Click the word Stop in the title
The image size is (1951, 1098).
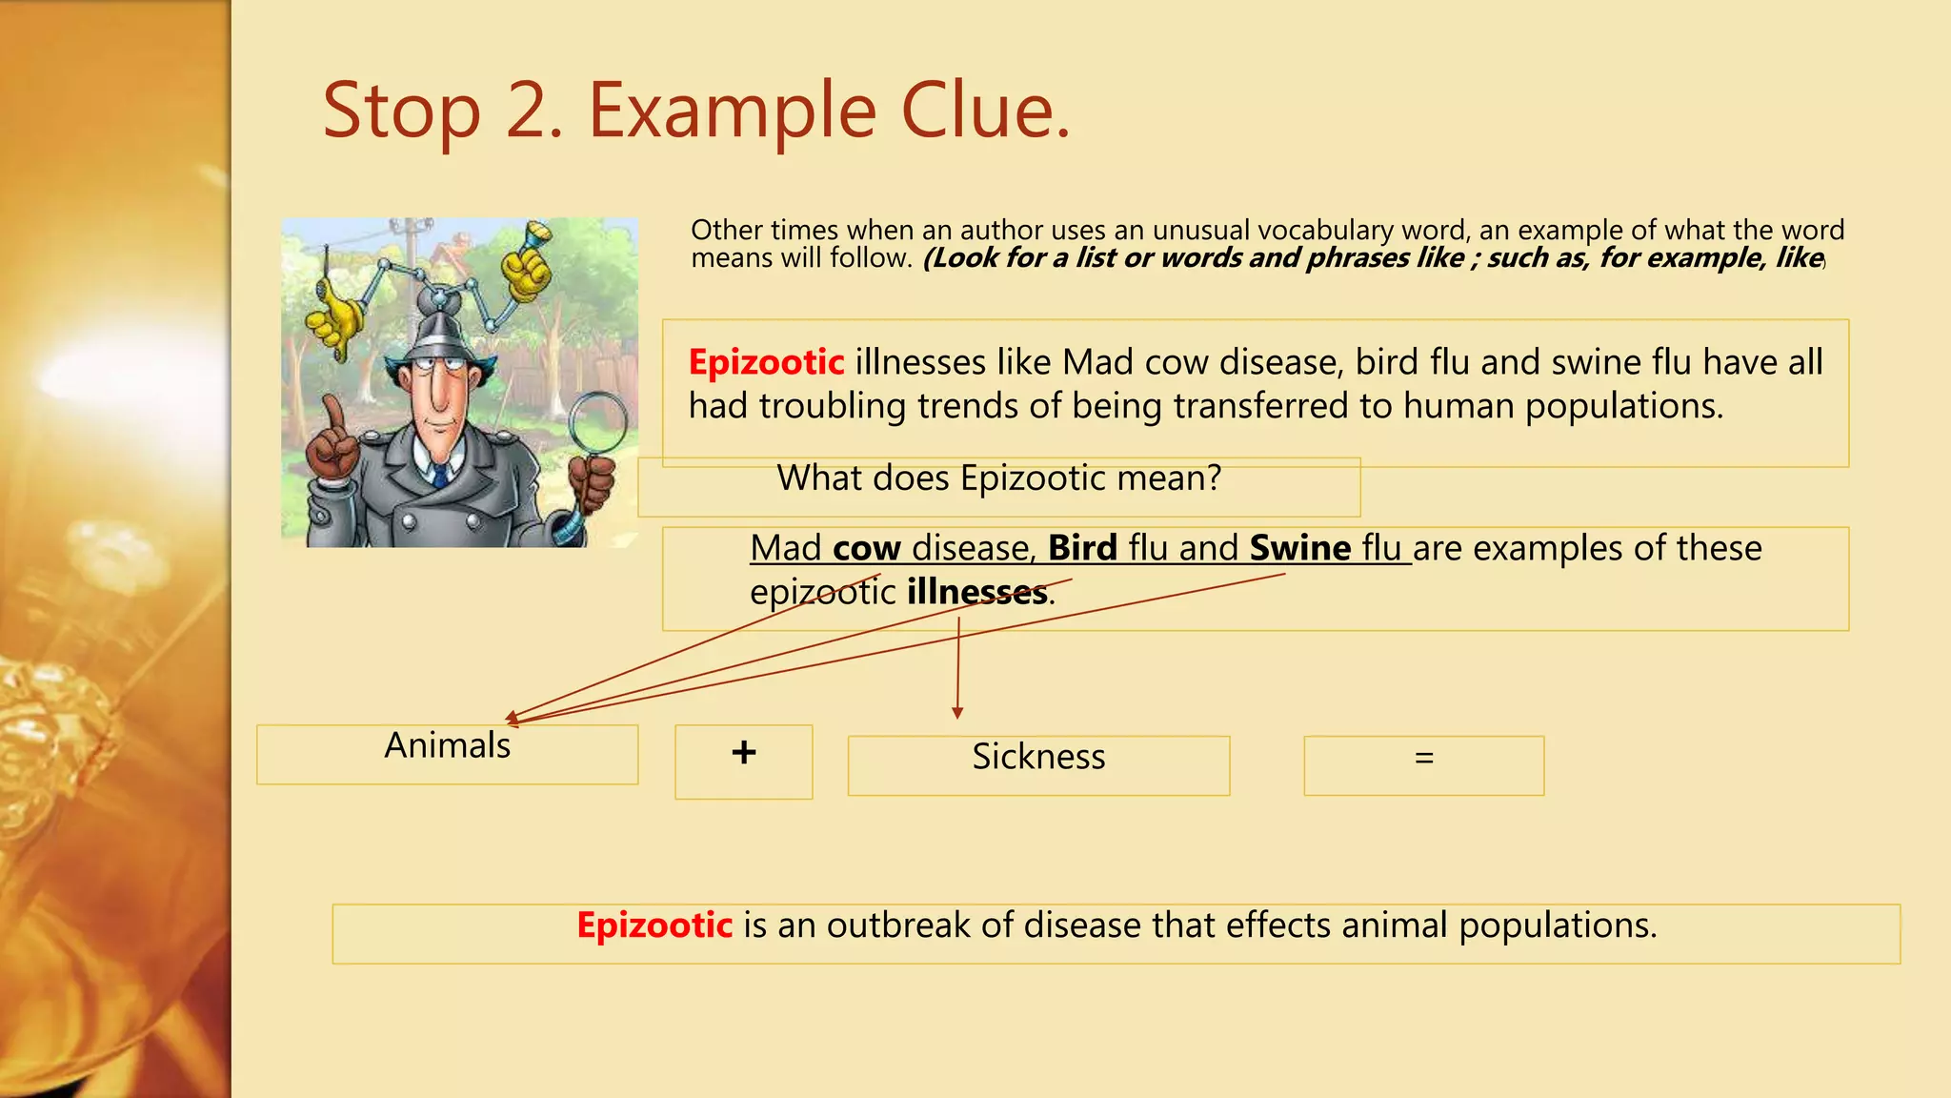click(x=401, y=112)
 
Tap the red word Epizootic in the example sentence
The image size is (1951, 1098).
click(x=766, y=362)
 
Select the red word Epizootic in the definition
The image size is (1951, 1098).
click(x=654, y=925)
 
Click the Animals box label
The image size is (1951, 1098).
click(x=447, y=745)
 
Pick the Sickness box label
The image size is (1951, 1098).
click(x=1038, y=757)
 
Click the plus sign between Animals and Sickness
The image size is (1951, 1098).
click(x=744, y=753)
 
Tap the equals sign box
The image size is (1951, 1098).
click(x=1423, y=759)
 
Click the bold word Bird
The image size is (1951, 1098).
click(x=1082, y=548)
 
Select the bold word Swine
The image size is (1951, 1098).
click(x=1299, y=548)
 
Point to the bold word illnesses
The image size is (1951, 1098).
click(x=976, y=592)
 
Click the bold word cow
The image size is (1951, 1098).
click(x=866, y=548)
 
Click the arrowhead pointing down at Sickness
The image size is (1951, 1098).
click(x=957, y=712)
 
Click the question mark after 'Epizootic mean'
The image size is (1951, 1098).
click(x=1214, y=478)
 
